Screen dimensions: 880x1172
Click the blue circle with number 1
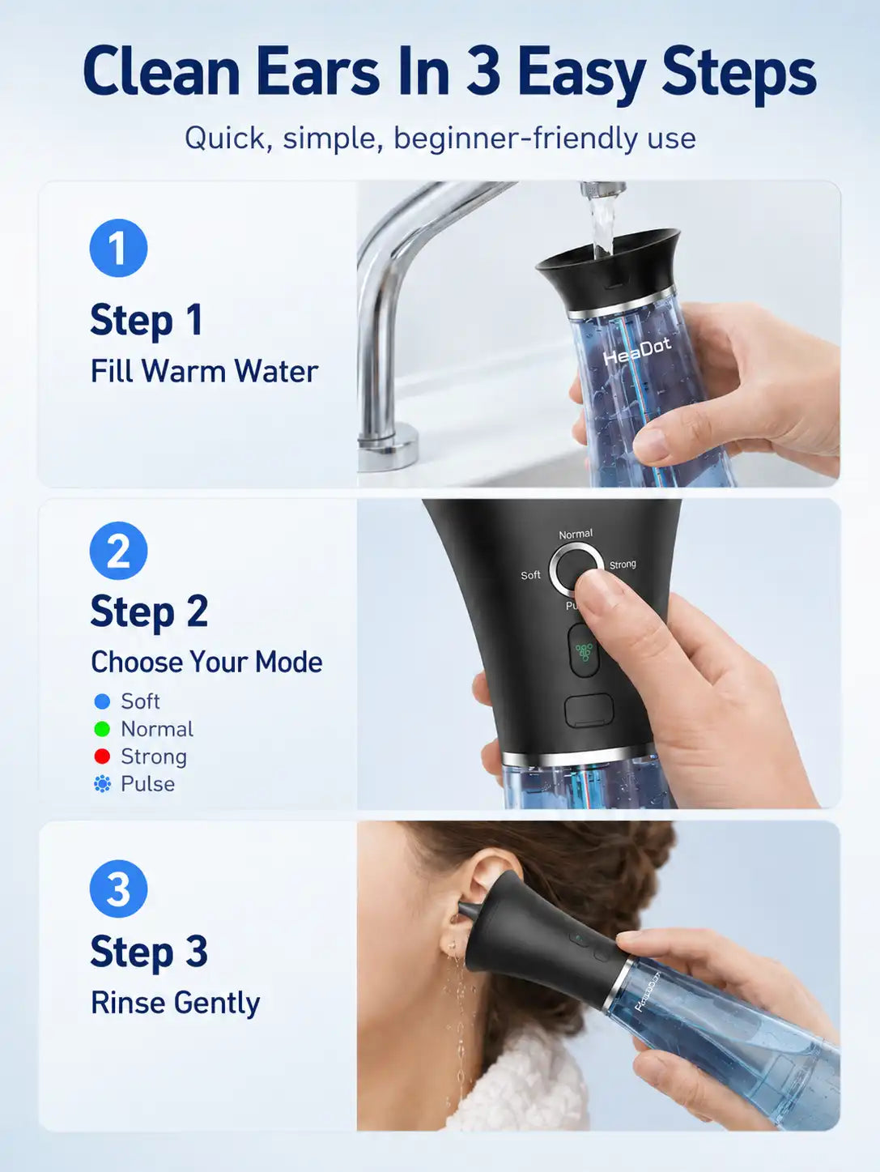(x=118, y=248)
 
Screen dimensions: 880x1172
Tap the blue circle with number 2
(x=118, y=551)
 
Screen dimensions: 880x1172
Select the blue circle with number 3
(x=118, y=889)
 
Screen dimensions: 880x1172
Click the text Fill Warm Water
(x=204, y=371)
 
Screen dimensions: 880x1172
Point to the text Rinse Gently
(x=175, y=1003)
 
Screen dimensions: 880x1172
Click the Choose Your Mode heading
(x=206, y=662)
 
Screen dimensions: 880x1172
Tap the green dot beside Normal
(x=102, y=729)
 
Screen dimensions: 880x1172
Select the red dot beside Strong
(x=102, y=756)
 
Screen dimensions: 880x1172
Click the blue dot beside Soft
(x=102, y=701)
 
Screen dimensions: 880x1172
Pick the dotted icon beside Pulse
(x=102, y=784)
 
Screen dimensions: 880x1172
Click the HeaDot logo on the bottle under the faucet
(x=637, y=351)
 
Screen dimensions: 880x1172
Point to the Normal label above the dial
(x=576, y=534)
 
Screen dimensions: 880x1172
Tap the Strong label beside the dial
(x=623, y=565)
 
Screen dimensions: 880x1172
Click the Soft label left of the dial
(x=530, y=575)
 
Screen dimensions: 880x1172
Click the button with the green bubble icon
(x=583, y=650)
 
